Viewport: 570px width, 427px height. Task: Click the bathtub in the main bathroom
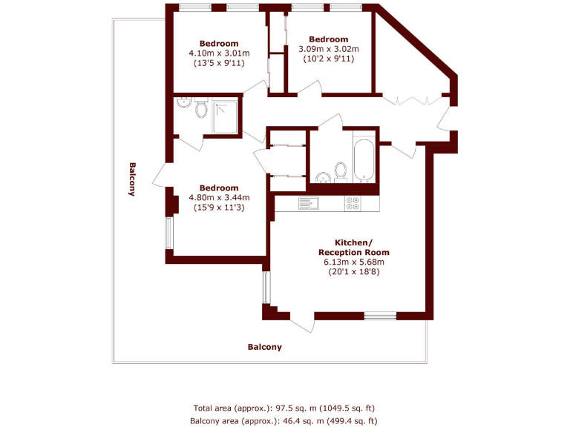[x=363, y=160]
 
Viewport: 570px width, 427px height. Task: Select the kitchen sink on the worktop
[x=308, y=202]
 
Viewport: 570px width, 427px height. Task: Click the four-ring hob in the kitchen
[x=353, y=202]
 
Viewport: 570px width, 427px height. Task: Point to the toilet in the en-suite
[x=200, y=111]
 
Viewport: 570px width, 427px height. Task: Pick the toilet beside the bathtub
[x=341, y=171]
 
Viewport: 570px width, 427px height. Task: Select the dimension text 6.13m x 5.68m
[x=351, y=262]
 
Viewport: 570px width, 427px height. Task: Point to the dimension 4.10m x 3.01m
[x=219, y=53]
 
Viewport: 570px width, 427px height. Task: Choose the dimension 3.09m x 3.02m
[x=328, y=50]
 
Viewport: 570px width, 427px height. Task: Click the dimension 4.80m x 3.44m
[x=219, y=198]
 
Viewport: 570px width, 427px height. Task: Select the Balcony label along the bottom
[x=264, y=347]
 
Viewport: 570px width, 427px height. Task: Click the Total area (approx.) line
[x=284, y=408]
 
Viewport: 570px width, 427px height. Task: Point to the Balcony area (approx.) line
[x=284, y=420]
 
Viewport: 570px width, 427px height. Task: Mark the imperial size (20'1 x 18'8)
[x=351, y=272]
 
